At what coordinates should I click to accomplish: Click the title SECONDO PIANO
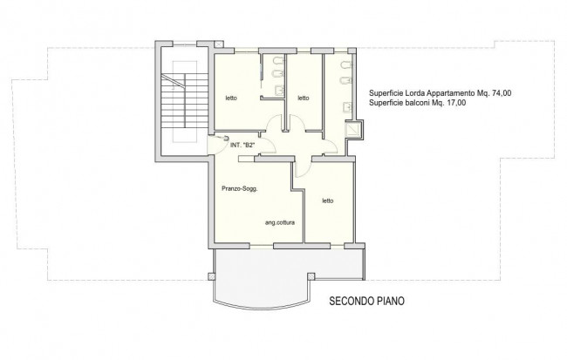[x=366, y=301]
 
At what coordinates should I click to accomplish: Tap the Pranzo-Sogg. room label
[x=240, y=188]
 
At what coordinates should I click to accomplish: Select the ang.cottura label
[x=280, y=222]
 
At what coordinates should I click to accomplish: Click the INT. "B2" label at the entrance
[x=243, y=146]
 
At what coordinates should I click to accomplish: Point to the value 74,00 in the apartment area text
[x=502, y=93]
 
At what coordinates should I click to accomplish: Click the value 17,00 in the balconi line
[x=456, y=103]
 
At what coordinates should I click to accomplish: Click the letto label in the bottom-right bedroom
[x=328, y=201]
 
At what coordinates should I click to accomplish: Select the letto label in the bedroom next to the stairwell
[x=231, y=98]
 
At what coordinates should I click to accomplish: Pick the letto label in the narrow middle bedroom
[x=304, y=98]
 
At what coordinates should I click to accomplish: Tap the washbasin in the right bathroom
[x=346, y=107]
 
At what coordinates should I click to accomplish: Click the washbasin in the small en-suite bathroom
[x=279, y=90]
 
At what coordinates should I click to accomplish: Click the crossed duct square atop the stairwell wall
[x=219, y=44]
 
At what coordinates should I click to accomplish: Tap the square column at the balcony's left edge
[x=212, y=276]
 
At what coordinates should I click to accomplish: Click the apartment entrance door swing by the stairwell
[x=217, y=145]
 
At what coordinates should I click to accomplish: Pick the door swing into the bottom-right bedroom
[x=303, y=168]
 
